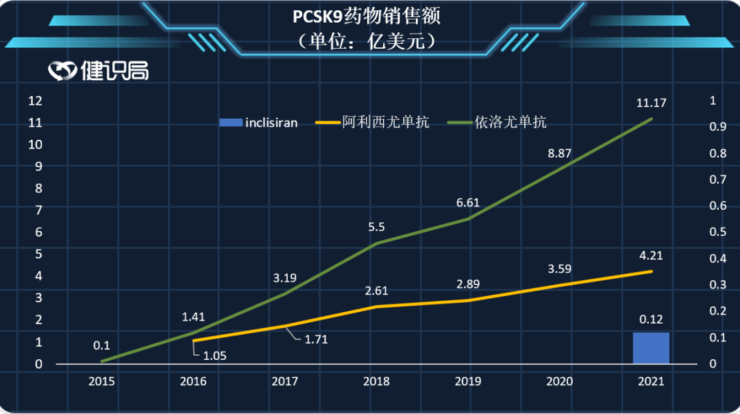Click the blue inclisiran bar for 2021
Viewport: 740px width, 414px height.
(x=650, y=348)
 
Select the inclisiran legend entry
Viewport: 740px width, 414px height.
(x=258, y=123)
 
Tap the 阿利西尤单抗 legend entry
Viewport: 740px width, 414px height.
(x=373, y=123)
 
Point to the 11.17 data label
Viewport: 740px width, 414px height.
(x=651, y=103)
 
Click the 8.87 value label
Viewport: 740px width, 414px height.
(x=560, y=154)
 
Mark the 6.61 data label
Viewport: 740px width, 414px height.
(x=468, y=203)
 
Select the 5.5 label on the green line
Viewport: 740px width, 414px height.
(x=376, y=226)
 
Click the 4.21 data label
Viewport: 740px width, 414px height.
(x=651, y=256)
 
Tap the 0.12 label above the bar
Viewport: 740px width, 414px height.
(x=651, y=319)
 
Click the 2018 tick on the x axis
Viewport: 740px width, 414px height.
(x=376, y=382)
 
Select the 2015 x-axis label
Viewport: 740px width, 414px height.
(x=101, y=382)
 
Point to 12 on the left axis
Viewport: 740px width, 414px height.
(x=35, y=101)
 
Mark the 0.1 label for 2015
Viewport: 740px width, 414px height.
(x=102, y=345)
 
